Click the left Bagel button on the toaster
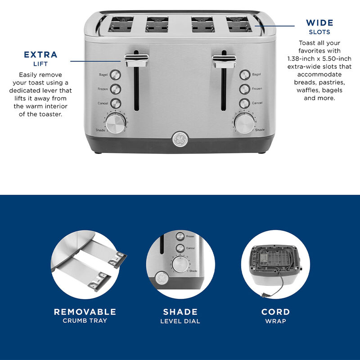(x=115, y=75)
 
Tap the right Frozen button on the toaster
(x=244, y=89)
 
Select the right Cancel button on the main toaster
(x=244, y=103)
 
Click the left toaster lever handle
(x=137, y=59)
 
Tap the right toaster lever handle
(x=224, y=59)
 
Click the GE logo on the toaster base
(x=180, y=139)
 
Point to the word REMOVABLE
(x=85, y=312)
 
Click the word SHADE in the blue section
(x=180, y=312)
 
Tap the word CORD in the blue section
(x=275, y=312)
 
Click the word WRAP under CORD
(x=275, y=321)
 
